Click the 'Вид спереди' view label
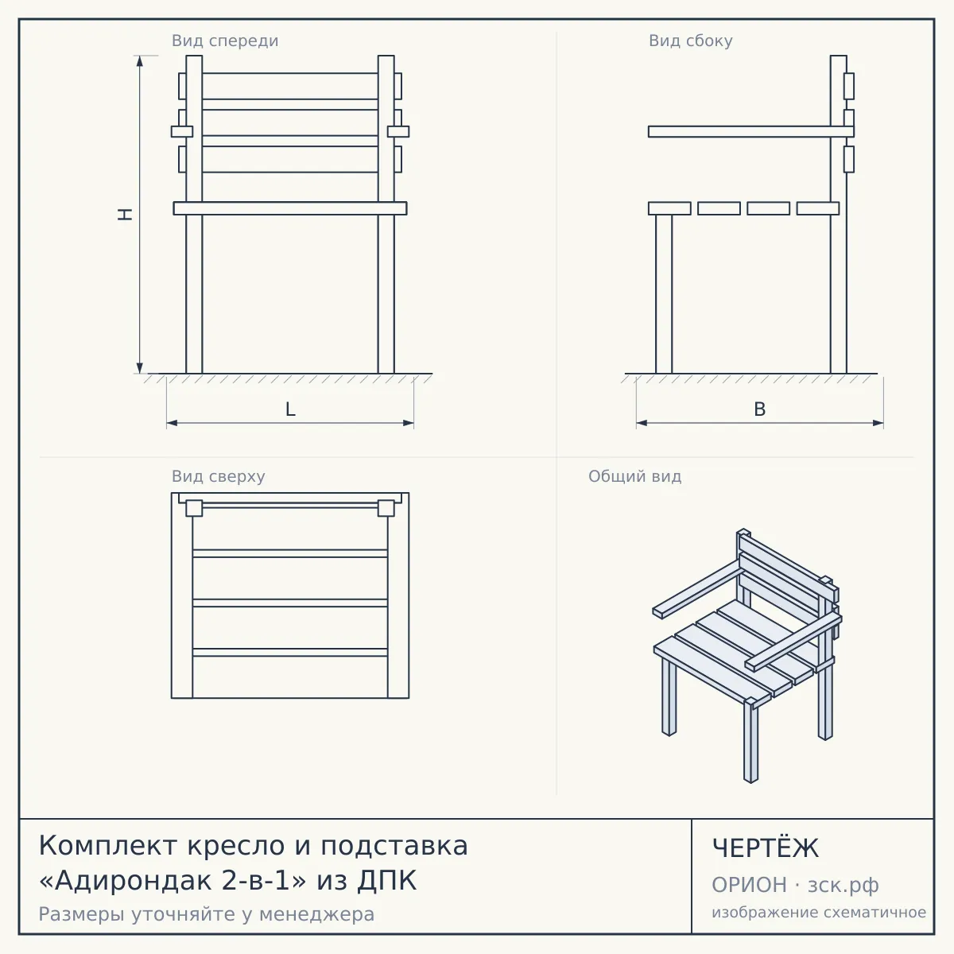click(x=225, y=41)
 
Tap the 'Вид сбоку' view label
click(x=691, y=41)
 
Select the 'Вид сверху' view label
click(x=219, y=476)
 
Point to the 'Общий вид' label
click(x=634, y=476)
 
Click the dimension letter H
click(x=126, y=214)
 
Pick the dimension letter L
click(x=290, y=409)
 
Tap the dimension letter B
click(x=759, y=409)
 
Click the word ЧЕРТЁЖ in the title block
click(x=766, y=848)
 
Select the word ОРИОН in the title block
click(x=749, y=885)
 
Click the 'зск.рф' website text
click(x=843, y=886)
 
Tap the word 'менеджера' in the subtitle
click(x=317, y=914)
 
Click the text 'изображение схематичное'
click(x=819, y=912)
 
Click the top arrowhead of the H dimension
click(x=140, y=60)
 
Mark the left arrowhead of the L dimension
click(x=172, y=423)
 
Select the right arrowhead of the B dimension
click(x=878, y=423)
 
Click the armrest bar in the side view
click(x=751, y=131)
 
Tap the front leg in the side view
click(x=664, y=294)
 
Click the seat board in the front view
click(x=290, y=208)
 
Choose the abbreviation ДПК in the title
click(x=386, y=881)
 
